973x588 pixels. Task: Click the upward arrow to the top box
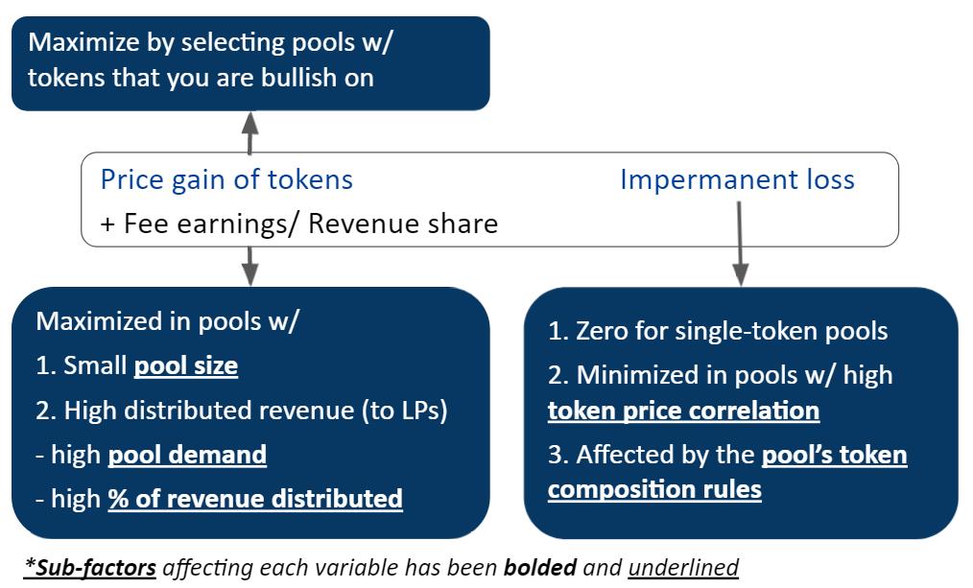(x=250, y=132)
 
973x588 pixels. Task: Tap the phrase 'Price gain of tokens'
(x=226, y=179)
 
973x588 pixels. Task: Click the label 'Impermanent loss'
(x=737, y=179)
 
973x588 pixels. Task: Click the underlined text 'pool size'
(x=185, y=365)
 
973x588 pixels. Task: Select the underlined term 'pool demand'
(x=187, y=454)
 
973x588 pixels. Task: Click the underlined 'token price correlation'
(x=683, y=411)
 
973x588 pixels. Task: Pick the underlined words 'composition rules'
(x=654, y=489)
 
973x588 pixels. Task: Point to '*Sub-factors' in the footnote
(x=90, y=567)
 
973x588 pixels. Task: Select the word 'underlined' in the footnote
(x=683, y=567)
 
